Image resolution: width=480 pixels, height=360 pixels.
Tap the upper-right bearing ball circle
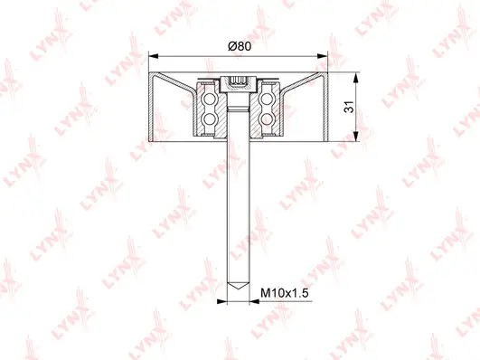tap(268, 99)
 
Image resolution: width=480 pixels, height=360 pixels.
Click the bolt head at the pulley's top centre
tap(240, 84)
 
